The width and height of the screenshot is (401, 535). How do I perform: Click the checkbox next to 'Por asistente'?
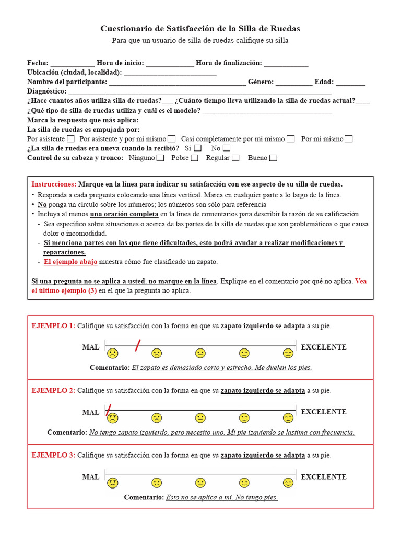tap(70, 139)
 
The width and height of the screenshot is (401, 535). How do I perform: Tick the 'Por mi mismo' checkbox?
tap(348, 139)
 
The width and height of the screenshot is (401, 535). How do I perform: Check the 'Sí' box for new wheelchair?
tap(197, 148)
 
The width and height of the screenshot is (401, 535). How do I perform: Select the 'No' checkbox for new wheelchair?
tap(226, 148)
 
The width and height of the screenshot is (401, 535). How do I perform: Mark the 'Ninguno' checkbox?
tap(160, 158)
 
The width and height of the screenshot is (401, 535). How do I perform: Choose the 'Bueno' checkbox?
tap(273, 158)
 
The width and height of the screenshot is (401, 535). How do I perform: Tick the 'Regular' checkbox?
tap(235, 158)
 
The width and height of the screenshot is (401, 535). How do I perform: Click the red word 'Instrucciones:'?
tap(54, 184)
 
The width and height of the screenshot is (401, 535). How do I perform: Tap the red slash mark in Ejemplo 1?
tap(138, 345)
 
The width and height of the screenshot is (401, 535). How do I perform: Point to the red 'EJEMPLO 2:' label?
tap(53, 391)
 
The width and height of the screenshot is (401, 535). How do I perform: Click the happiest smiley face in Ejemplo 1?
tap(288, 353)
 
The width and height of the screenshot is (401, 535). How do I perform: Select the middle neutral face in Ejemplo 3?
tap(200, 483)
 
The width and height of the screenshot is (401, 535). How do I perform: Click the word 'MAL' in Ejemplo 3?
tap(90, 477)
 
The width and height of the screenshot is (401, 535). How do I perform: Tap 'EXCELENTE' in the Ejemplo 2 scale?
tap(324, 412)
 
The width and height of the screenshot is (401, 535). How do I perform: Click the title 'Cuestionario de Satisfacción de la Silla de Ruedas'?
tap(200, 29)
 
